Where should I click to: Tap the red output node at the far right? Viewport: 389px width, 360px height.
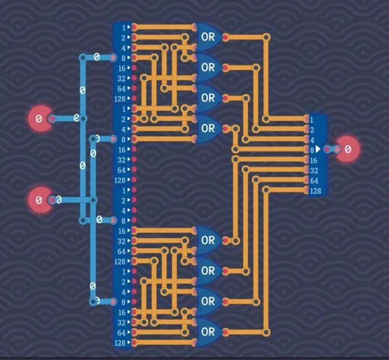tap(348, 149)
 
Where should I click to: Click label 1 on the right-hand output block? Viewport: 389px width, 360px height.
tap(312, 119)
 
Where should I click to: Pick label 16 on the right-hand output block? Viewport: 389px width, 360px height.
tap(313, 160)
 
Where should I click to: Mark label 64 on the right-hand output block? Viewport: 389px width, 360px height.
tap(313, 180)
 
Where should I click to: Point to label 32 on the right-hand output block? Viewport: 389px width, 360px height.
tap(313, 170)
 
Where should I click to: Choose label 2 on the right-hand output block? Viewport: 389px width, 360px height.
tap(312, 129)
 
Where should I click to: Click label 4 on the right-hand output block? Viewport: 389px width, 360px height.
tap(312, 139)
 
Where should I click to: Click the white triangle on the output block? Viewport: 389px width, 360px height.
tap(318, 149)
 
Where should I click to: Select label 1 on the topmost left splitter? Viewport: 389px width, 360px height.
tap(124, 27)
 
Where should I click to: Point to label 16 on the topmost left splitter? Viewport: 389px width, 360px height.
tap(122, 68)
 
